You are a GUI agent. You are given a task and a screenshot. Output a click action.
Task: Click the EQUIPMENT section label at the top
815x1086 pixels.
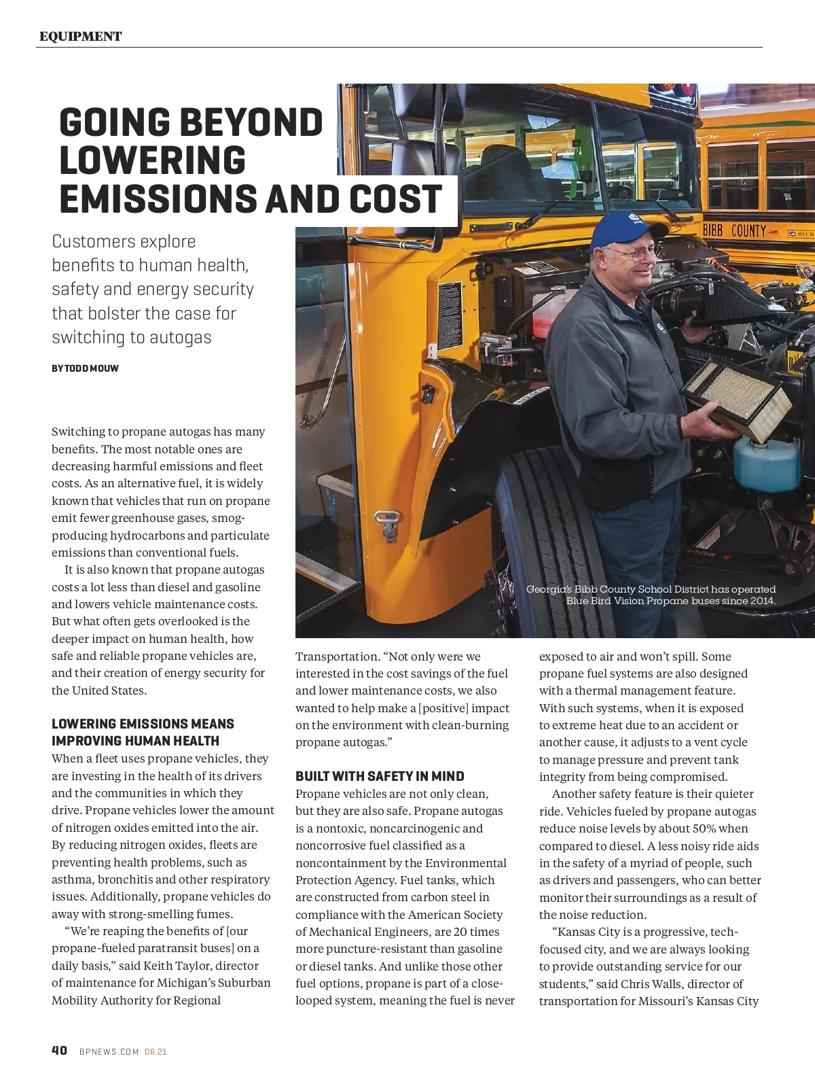tap(80, 37)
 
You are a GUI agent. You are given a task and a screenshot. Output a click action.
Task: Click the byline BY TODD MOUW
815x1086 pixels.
tap(85, 368)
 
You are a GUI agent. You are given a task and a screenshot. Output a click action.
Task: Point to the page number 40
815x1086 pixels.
tap(60, 1050)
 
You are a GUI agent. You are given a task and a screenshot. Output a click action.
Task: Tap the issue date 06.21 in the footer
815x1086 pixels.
tap(156, 1051)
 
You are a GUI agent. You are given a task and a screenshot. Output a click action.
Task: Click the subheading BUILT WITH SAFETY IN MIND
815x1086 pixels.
tap(380, 776)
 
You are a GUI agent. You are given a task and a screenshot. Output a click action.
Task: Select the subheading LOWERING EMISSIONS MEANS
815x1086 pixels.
tap(143, 724)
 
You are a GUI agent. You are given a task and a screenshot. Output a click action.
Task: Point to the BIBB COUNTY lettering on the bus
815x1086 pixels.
tap(733, 231)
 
